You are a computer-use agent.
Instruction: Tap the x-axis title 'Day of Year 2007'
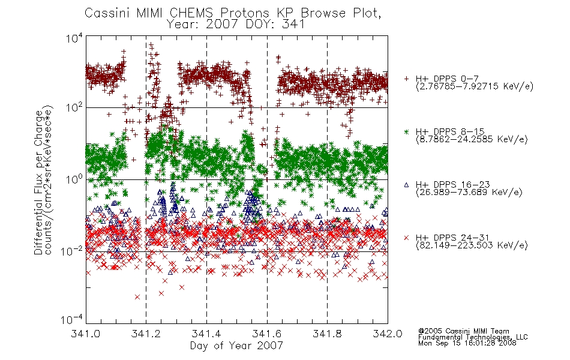[236, 346]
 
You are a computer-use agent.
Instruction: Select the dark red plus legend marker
[407, 79]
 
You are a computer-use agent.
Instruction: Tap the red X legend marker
[407, 238]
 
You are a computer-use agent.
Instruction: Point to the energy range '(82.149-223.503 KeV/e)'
[472, 245]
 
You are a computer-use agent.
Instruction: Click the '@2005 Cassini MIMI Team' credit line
[464, 331]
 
